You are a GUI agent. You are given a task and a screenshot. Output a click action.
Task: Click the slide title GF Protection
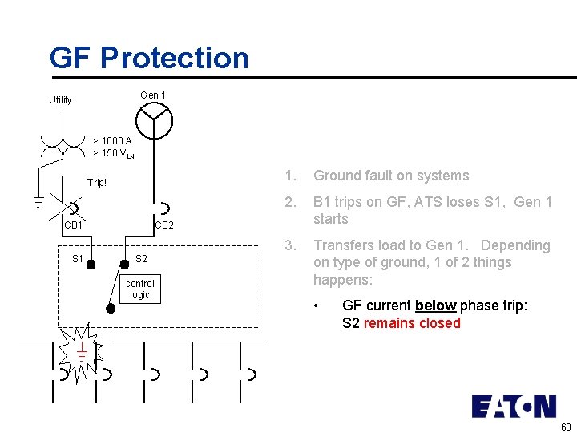pos(149,58)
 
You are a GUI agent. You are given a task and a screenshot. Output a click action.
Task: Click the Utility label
pos(60,100)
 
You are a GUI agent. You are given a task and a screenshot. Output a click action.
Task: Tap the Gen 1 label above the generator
pos(153,95)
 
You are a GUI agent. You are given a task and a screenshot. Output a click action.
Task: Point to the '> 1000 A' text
pos(112,141)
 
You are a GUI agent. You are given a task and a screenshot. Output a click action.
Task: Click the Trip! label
pos(97,183)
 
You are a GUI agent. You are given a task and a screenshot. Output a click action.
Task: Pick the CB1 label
pos(73,225)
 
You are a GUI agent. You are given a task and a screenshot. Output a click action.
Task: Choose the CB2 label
pos(163,225)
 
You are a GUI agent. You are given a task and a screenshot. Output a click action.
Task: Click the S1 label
pos(78,259)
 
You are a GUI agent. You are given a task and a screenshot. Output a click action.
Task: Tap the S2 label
pos(141,259)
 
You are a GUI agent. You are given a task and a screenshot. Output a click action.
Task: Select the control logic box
pos(140,289)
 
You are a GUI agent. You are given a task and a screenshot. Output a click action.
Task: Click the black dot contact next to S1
pos(93,264)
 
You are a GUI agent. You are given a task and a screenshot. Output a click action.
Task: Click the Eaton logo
pos(513,407)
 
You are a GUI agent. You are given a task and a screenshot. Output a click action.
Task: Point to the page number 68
pos(566,427)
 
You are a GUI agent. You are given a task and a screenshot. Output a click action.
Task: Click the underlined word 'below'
pos(435,306)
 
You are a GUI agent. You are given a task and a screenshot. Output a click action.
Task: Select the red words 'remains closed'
pos(412,323)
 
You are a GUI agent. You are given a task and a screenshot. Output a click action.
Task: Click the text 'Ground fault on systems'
pos(391,176)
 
